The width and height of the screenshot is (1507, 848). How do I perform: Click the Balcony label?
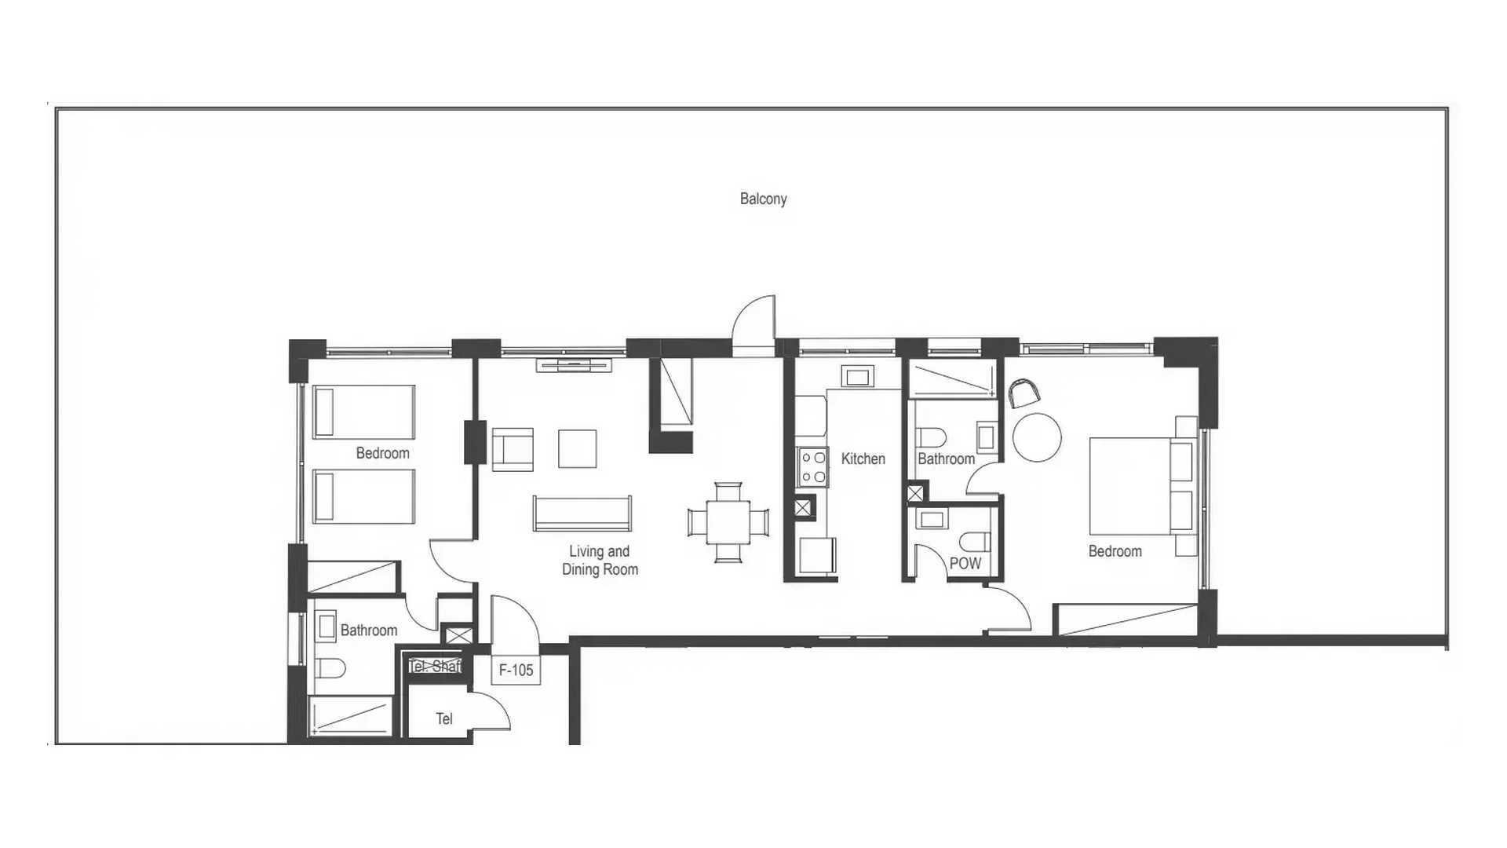[x=763, y=199]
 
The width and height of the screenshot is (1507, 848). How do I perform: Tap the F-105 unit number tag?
[x=516, y=670]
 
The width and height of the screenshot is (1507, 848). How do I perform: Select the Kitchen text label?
[x=863, y=459]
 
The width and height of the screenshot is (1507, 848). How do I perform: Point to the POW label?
[x=965, y=563]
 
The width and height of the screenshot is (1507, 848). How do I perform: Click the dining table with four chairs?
[x=728, y=522]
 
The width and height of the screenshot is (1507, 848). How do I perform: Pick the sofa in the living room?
[x=582, y=514]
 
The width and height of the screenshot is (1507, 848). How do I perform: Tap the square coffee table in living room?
[x=577, y=448]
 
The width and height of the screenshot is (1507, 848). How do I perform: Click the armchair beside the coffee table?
[x=513, y=449]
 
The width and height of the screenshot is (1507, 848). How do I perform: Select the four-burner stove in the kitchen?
[x=812, y=466]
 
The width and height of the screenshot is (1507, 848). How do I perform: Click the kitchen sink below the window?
[x=857, y=377]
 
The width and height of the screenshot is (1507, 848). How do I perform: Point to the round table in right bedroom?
[x=1037, y=437]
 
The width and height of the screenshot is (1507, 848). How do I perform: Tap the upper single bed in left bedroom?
[x=363, y=411]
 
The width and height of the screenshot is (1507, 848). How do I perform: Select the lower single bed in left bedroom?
[x=363, y=496]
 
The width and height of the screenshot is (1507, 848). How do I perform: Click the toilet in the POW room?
[x=976, y=542]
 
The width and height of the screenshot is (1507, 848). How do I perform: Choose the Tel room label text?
[x=444, y=718]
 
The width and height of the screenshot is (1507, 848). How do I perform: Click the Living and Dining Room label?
[x=600, y=561]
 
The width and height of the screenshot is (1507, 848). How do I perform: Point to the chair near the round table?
[x=1022, y=393]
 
